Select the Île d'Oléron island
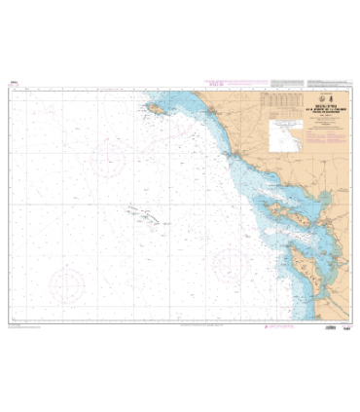(298, 258)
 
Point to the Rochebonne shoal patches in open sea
(143, 212)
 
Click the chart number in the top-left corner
(13, 84)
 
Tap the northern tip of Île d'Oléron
(289, 243)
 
